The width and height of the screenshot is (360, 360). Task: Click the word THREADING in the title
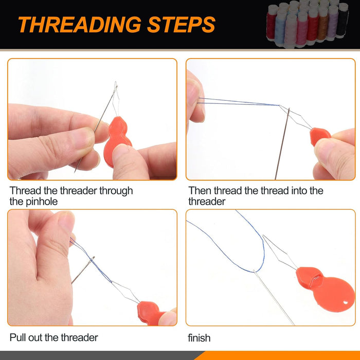tap(79, 25)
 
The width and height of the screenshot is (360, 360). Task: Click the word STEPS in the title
tap(181, 25)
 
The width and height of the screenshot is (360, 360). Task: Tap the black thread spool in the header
tap(343, 20)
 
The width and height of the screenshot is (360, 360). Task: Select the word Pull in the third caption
tap(17, 337)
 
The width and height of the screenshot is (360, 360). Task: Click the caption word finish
tap(199, 338)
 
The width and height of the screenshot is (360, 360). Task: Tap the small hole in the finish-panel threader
tap(346, 302)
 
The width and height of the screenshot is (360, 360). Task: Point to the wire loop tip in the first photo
tap(116, 82)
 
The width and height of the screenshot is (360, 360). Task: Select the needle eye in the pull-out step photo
tap(92, 259)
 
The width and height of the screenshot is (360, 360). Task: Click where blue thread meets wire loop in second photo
tap(279, 105)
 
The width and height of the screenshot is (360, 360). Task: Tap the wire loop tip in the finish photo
tap(263, 236)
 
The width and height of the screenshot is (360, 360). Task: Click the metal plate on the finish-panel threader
tap(315, 280)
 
